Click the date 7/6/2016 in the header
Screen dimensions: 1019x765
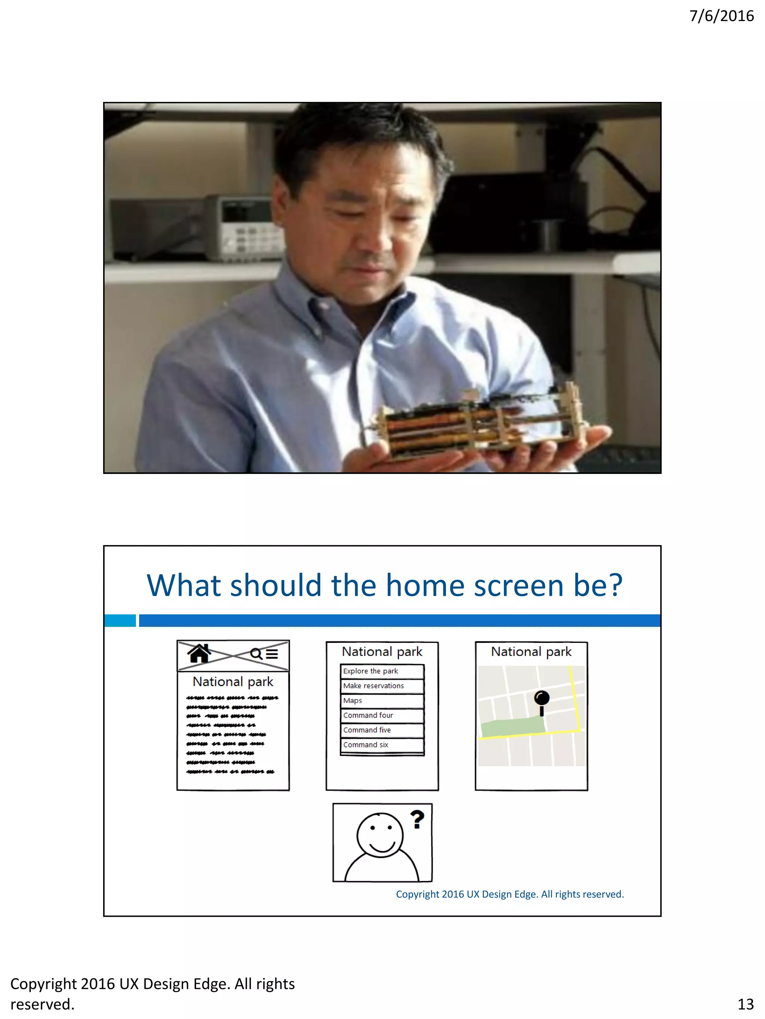[721, 16]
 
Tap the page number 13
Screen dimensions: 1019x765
[745, 1004]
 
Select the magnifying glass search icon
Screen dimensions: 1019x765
[256, 654]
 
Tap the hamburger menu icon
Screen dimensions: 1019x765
[272, 654]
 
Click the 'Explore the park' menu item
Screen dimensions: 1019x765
[382, 671]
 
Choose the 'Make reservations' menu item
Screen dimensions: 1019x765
[382, 686]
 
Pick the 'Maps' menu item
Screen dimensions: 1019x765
[382, 701]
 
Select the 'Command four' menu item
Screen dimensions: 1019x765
[382, 715]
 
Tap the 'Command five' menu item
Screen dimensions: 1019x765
[382, 730]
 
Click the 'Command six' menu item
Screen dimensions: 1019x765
[382, 745]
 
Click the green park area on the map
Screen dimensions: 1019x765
[512, 727]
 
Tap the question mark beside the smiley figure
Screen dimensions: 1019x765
[417, 820]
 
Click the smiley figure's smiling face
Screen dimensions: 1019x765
[380, 835]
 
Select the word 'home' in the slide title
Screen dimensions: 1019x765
[355, 585]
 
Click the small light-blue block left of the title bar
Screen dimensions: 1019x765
[120, 621]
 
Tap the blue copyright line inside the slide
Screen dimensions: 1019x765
[510, 894]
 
